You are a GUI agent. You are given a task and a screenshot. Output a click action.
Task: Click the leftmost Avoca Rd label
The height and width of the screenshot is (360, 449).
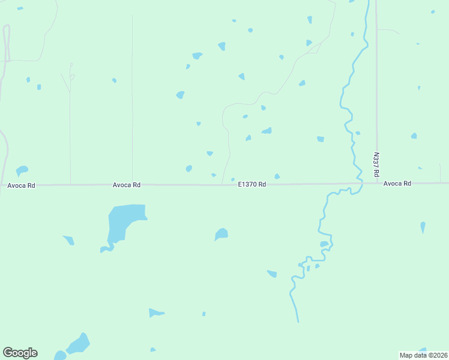22,185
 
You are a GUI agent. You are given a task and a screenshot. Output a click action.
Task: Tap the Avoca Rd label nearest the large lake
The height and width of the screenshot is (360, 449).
127,185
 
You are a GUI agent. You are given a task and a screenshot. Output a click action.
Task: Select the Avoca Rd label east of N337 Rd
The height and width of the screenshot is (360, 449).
397,184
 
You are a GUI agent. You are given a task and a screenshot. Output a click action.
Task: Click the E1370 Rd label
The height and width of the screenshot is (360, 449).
252,185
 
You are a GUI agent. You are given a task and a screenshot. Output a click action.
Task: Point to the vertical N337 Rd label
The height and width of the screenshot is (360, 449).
376,164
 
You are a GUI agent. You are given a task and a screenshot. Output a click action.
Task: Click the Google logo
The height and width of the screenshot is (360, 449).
20,353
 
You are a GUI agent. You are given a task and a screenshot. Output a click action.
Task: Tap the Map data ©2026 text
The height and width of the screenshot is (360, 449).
423,355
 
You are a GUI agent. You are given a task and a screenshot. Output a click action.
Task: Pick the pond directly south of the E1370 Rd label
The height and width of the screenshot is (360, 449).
221,234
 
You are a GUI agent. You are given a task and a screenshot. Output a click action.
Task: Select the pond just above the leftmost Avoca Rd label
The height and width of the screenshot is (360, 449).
22,170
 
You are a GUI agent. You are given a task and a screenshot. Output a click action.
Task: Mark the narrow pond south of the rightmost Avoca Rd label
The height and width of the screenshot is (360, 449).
423,227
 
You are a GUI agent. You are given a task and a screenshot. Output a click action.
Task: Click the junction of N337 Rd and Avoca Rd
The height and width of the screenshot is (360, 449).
377,183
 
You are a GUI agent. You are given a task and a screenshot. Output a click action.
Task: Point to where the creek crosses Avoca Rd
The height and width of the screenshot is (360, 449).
360,184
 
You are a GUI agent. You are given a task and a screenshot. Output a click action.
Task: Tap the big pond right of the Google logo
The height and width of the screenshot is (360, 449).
79,344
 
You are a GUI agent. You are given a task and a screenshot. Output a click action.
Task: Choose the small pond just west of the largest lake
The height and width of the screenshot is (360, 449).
69,240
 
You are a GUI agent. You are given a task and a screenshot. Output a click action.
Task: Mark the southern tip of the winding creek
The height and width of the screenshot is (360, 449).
298,321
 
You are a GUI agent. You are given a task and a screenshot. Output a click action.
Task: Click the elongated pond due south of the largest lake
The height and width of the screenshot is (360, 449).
155,313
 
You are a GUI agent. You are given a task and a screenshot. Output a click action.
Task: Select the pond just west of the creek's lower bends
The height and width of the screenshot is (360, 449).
272,274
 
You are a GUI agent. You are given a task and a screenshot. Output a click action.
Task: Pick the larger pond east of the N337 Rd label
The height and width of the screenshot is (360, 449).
414,136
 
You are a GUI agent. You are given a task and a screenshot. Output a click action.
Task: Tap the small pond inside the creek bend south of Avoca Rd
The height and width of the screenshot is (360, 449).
324,244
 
